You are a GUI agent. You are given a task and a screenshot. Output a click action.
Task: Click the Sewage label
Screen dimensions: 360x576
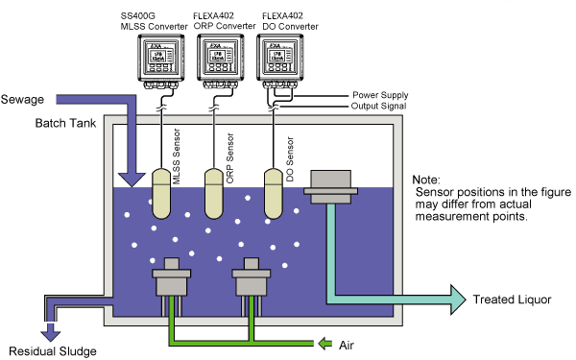pyautogui.click(x=23, y=100)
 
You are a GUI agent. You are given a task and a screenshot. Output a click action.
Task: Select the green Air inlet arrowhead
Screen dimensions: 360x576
pyautogui.click(x=327, y=342)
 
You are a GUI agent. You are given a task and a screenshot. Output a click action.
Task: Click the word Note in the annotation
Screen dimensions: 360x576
pyautogui.click(x=425, y=180)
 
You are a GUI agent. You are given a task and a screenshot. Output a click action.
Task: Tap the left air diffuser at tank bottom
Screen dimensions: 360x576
pyautogui.click(x=173, y=279)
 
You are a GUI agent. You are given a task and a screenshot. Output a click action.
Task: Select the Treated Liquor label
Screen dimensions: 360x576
pyautogui.click(x=513, y=300)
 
